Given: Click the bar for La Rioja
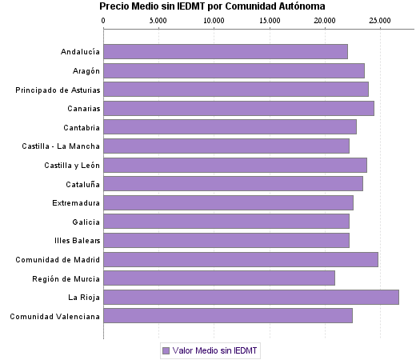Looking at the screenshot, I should tap(250, 298).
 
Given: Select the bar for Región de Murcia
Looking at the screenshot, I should tap(218, 278).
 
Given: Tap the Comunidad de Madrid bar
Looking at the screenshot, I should tap(240, 259).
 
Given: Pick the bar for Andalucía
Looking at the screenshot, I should tap(225, 52).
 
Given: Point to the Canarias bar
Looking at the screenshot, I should tap(238, 109).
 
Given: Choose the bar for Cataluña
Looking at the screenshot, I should tap(233, 184).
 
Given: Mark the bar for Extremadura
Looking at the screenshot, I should tap(228, 202).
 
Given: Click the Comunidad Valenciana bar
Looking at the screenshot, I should tap(227, 316).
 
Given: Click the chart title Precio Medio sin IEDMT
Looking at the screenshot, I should tap(212, 6).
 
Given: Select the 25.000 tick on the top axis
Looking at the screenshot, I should tap(379, 20).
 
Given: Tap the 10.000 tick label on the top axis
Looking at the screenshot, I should tap(213, 20).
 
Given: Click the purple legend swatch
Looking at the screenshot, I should tap(166, 350).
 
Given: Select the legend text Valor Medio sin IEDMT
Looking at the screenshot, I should tap(216, 350).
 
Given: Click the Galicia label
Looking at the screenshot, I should tap(86, 222).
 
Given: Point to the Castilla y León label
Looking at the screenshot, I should tap(72, 166).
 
